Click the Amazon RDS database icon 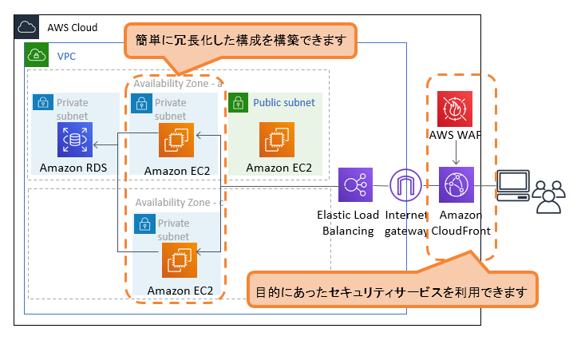[x=75, y=140]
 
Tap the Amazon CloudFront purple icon [x=456, y=187]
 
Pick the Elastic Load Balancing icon [x=355, y=187]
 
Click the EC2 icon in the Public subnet [x=278, y=140]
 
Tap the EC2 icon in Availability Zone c [x=180, y=259]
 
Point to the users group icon [x=549, y=196]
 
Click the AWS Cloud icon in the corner [x=27, y=27]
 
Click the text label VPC [x=66, y=57]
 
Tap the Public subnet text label [x=283, y=103]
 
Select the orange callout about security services [x=391, y=291]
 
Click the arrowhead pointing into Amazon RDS [x=97, y=144]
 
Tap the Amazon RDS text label [x=73, y=168]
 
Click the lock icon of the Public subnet [x=238, y=102]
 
